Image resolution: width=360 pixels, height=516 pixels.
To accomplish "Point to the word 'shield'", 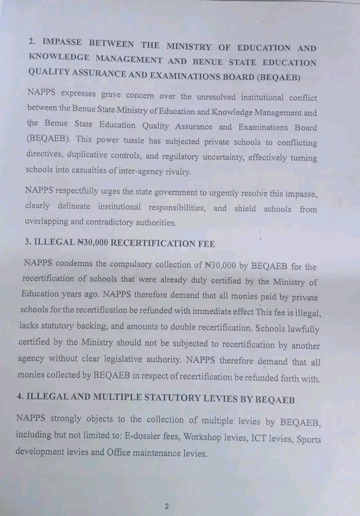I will click(x=245, y=209).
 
